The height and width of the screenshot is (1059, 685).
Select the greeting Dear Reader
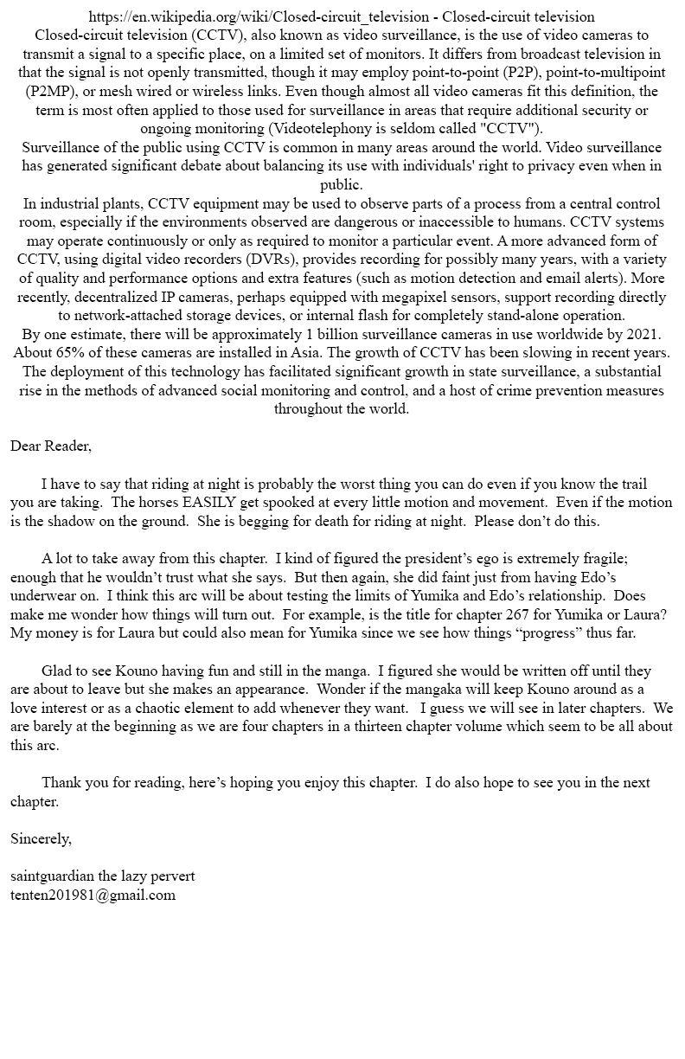(x=51, y=446)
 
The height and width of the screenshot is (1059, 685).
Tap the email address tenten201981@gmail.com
(x=93, y=895)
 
